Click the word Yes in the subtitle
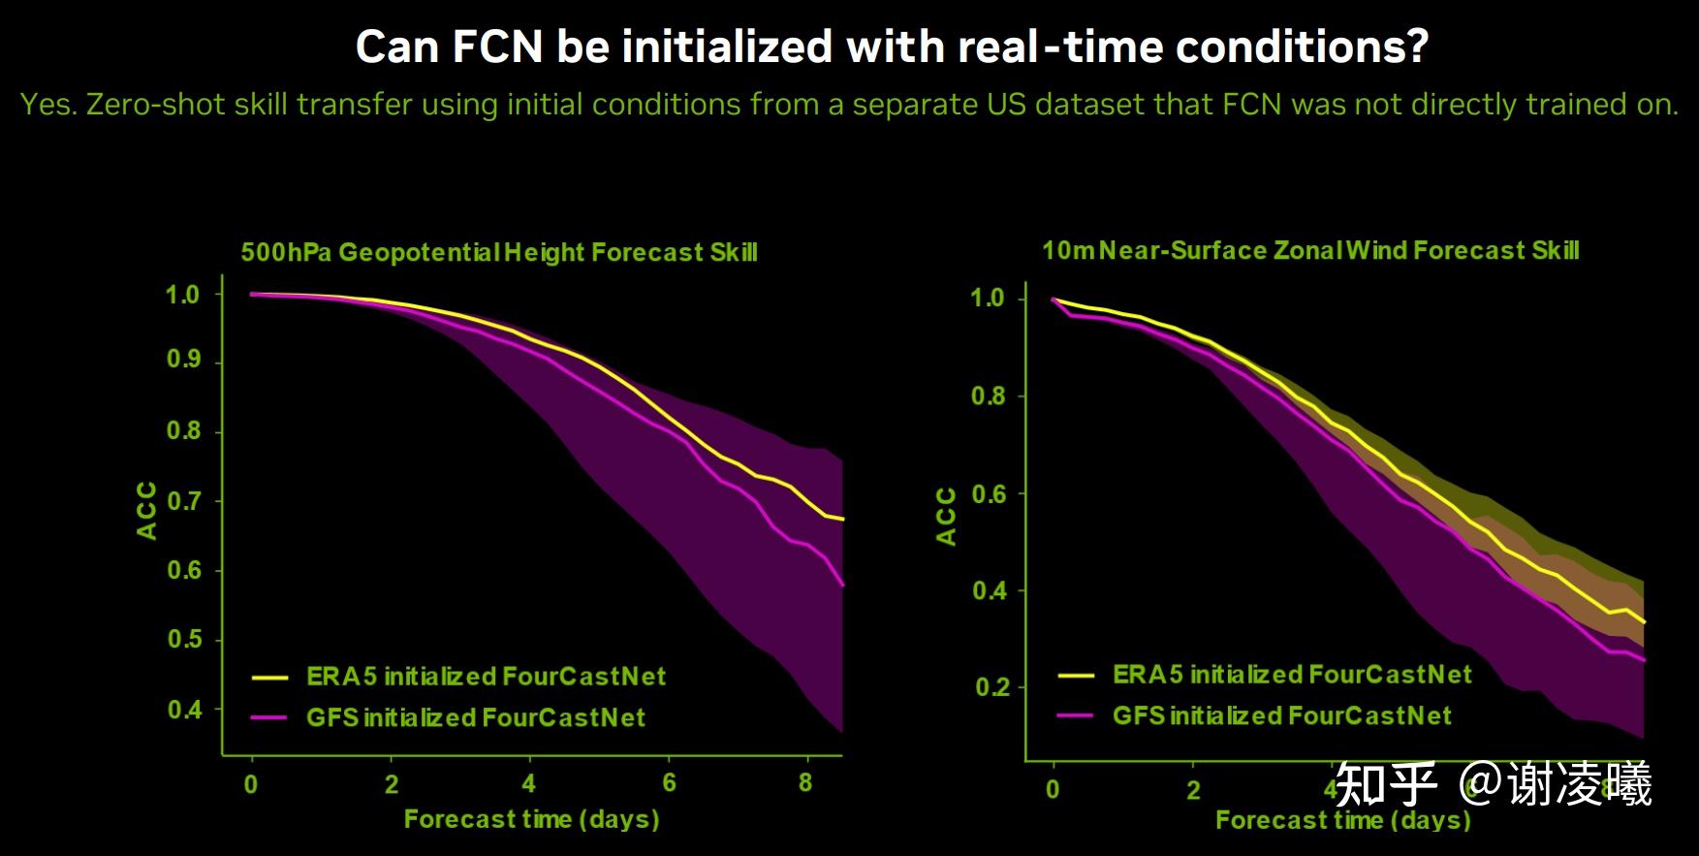pos(46,105)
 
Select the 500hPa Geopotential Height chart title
pos(498,253)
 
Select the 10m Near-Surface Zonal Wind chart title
pos(1310,251)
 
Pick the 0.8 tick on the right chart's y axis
pos(988,396)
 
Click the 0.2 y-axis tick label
pos(991,687)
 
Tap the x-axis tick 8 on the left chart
pos(805,782)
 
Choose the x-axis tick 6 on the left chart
pos(669,782)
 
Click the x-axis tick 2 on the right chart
pos(1193,789)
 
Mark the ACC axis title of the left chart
pos(146,510)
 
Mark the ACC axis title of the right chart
pos(946,516)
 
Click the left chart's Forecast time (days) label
pos(531,819)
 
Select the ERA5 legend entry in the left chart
pos(486,677)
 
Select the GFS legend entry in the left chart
pos(475,717)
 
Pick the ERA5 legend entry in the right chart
pos(1291,675)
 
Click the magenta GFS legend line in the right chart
pos(1075,715)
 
